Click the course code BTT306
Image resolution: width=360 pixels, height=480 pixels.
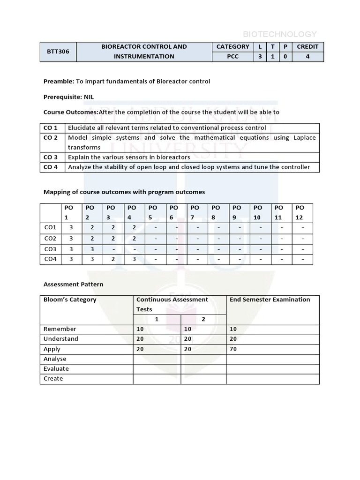[x=58, y=52]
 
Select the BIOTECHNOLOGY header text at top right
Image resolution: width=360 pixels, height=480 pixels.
[x=279, y=34]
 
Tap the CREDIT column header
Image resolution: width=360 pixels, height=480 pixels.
[x=307, y=46]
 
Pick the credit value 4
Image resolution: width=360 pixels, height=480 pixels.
[x=307, y=57]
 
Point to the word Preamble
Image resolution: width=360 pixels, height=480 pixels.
[x=59, y=81]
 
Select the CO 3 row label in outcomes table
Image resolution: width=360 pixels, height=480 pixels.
[x=51, y=157]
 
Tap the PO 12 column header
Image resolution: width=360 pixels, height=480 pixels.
[x=300, y=212]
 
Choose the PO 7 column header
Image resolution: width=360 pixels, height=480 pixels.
[x=195, y=212]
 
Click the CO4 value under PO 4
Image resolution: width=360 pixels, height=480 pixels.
[x=134, y=259]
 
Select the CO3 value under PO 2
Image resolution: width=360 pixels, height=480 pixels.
[x=92, y=249]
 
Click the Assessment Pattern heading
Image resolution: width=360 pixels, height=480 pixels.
[x=73, y=284]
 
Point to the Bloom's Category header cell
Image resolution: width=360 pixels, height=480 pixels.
[x=70, y=300]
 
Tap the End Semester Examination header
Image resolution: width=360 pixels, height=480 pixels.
[x=270, y=300]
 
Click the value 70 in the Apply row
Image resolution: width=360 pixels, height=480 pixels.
[x=233, y=349]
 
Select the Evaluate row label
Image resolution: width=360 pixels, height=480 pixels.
[x=56, y=368]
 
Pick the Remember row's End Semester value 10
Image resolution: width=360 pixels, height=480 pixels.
[x=233, y=329]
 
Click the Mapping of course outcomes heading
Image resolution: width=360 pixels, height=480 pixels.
[x=124, y=192]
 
